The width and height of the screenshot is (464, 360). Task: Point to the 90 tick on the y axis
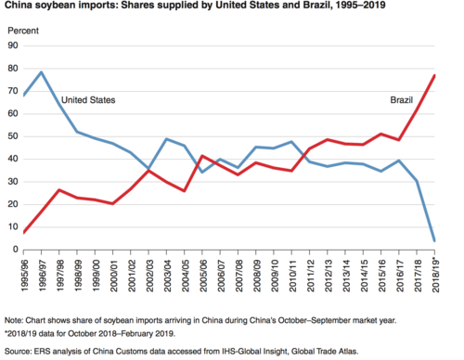(x=13, y=45)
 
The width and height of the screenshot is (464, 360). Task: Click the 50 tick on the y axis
(x=13, y=136)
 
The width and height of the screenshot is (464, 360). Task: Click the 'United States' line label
(x=87, y=99)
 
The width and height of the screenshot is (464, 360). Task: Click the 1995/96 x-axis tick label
(x=25, y=270)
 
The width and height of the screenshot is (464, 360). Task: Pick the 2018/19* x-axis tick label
(x=433, y=271)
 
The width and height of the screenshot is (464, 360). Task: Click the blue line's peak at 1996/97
(x=42, y=72)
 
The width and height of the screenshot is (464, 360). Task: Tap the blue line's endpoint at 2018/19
(x=433, y=241)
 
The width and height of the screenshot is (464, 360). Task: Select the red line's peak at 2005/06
(x=202, y=156)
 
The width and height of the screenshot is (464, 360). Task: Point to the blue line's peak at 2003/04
(x=166, y=139)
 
